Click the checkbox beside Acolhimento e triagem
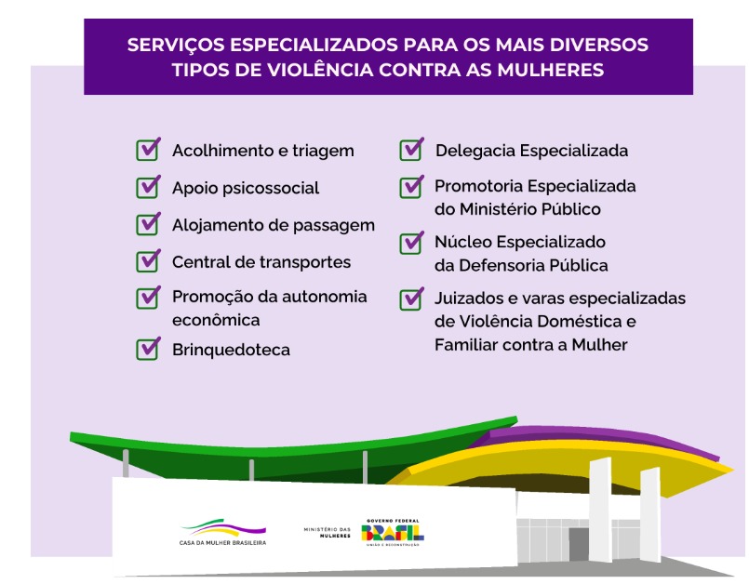148,150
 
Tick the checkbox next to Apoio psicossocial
148,187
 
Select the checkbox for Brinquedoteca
148,349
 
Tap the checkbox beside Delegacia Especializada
411,150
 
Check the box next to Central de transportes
148,261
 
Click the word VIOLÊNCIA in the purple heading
320,70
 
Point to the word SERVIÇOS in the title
176,45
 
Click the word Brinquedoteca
231,350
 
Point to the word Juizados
469,299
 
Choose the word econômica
216,320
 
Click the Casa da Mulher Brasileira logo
222,532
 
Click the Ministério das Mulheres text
328,533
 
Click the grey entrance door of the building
579,544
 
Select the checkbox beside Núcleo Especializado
411,243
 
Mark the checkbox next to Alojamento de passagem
148,224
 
